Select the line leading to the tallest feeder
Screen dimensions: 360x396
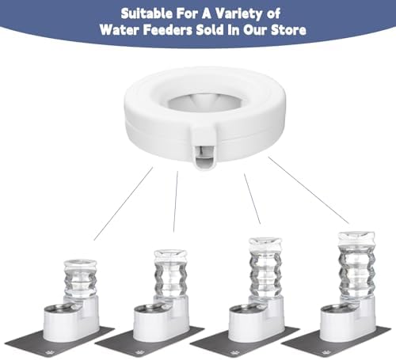click(x=309, y=190)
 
